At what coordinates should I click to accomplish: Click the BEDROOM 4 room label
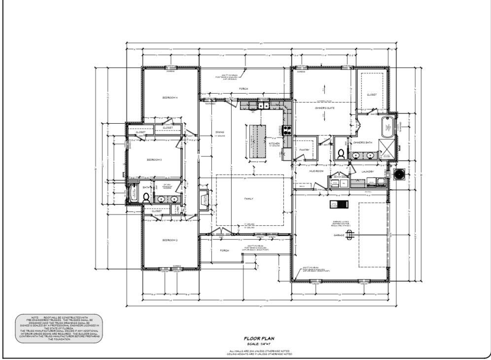[170, 98]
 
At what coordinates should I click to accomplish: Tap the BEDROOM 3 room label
[154, 160]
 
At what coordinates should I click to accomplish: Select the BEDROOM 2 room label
[170, 240]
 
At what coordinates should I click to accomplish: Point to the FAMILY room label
[248, 199]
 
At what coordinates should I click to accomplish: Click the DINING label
[219, 132]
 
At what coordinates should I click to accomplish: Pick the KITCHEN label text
[275, 144]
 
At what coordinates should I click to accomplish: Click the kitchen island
[256, 141]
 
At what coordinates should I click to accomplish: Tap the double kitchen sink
[263, 106]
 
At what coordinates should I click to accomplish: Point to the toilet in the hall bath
[146, 198]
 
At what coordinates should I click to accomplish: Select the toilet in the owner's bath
[341, 153]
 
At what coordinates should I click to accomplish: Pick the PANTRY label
[304, 150]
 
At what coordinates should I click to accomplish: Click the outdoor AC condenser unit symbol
[399, 174]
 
